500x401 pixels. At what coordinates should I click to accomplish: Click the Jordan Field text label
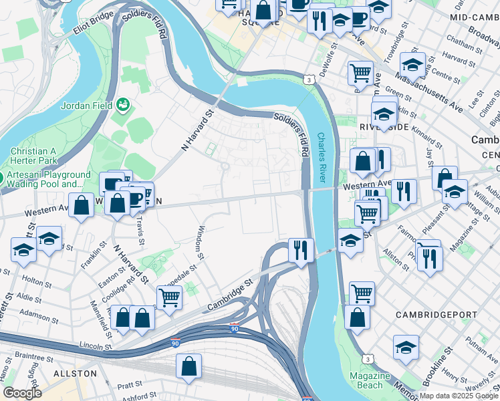click(x=85, y=106)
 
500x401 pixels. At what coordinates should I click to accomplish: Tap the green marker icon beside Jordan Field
click(x=123, y=104)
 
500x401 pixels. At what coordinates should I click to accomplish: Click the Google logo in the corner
click(x=22, y=392)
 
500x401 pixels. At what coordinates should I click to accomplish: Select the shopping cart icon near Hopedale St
click(x=169, y=297)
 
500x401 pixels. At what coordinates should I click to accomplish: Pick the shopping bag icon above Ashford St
click(x=189, y=366)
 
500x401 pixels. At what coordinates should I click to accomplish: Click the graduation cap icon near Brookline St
click(x=405, y=348)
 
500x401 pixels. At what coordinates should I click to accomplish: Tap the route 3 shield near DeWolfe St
click(x=309, y=80)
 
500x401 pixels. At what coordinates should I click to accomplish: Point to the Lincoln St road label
click(x=94, y=347)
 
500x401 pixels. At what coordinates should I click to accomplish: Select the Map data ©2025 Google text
click(x=459, y=396)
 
